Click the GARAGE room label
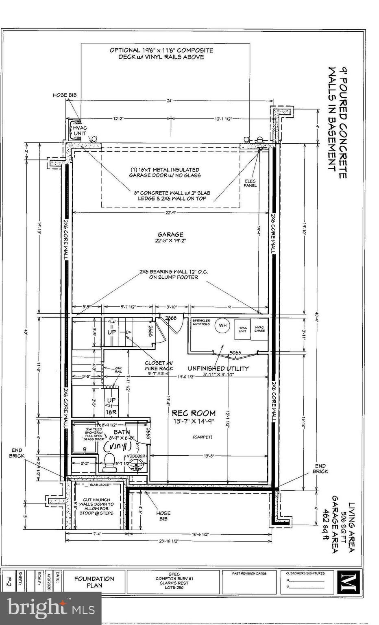(x=170, y=234)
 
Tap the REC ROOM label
(x=193, y=413)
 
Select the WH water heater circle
(x=222, y=326)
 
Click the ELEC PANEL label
(x=250, y=183)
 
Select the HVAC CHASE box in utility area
(x=259, y=329)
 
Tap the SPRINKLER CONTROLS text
(x=202, y=323)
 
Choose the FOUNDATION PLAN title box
(x=94, y=582)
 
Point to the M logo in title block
(x=347, y=582)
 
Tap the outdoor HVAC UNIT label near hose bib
(x=80, y=131)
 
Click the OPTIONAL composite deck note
(x=161, y=53)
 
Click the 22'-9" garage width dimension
(x=171, y=212)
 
